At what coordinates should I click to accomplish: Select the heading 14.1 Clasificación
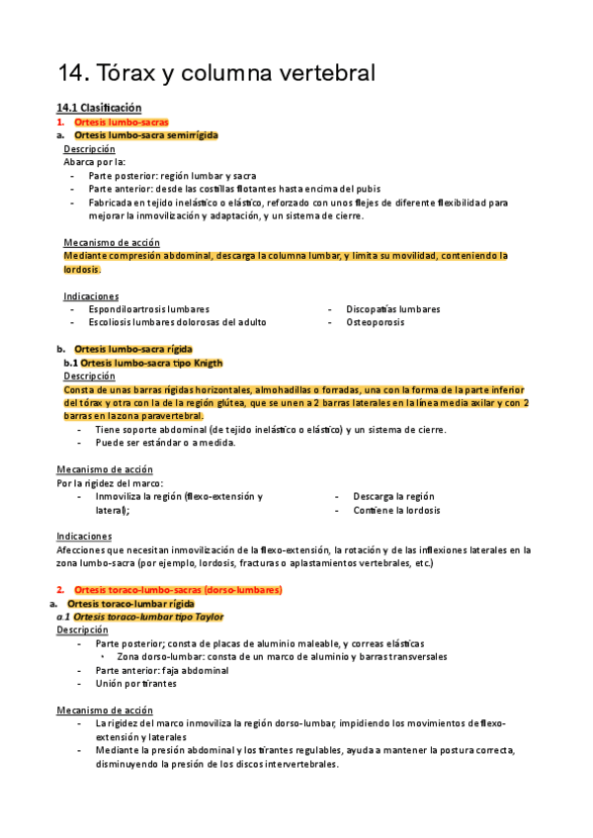[99, 107]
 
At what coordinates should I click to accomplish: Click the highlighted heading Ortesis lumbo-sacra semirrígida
[146, 135]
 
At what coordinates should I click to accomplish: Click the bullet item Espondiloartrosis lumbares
[148, 309]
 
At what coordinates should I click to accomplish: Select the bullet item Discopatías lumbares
[393, 309]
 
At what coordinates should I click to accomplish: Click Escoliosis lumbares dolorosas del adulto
[177, 322]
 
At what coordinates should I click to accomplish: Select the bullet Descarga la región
[393, 496]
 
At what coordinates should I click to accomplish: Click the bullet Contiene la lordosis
[396, 511]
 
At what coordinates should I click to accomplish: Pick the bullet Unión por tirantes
[135, 683]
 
